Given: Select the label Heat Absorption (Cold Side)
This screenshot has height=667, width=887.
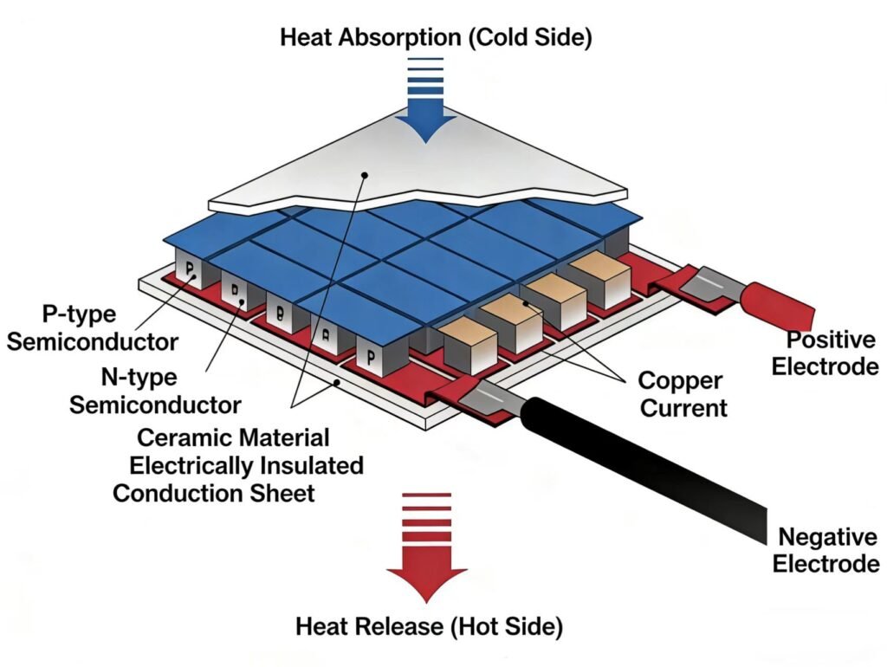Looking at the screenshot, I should (x=436, y=37).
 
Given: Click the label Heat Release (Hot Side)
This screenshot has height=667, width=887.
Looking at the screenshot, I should (x=429, y=625).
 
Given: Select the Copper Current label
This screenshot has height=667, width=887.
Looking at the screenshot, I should (x=683, y=394).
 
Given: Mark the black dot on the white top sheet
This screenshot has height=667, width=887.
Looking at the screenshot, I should (x=366, y=176).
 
